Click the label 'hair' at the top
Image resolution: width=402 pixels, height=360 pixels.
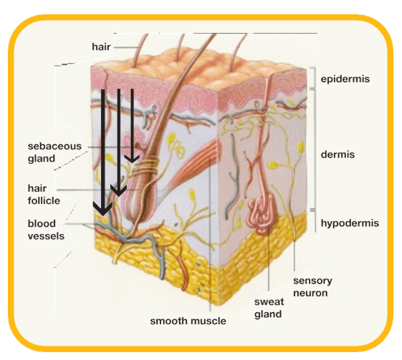point(101,47)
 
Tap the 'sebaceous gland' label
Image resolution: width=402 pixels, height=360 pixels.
point(54,152)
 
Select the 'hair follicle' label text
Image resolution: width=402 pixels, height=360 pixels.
point(44,195)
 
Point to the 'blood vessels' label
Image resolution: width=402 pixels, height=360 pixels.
point(46,230)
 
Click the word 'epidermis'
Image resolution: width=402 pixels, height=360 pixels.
point(345,79)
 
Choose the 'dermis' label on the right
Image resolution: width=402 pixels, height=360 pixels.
point(338,155)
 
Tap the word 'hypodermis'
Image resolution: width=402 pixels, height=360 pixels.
point(350,223)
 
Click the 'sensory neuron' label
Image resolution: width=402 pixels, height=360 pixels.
point(312,287)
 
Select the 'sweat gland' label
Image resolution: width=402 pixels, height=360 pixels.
point(269,308)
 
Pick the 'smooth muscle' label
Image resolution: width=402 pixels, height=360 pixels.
point(188,321)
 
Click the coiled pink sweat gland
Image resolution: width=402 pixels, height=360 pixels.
point(262,213)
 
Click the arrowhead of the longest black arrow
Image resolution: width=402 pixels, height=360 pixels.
point(102,208)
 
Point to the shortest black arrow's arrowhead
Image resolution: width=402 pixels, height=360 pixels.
point(132,158)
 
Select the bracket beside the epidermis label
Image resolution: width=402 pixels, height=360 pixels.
point(313,78)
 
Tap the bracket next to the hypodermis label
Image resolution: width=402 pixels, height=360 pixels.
point(315,221)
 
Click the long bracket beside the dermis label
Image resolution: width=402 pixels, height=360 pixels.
point(314,150)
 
